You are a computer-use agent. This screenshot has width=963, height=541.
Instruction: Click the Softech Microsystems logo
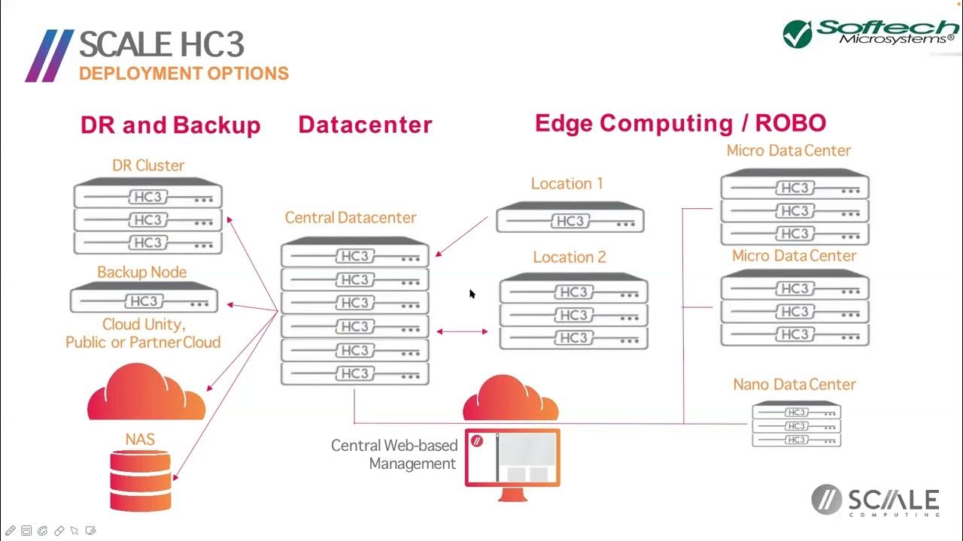870,33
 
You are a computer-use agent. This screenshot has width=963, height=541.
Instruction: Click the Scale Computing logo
876,501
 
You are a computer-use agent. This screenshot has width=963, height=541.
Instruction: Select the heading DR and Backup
170,125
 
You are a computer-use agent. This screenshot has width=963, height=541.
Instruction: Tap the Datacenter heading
365,125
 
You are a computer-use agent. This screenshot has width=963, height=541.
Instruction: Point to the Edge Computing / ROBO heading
680,123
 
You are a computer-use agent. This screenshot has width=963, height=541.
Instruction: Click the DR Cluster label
148,165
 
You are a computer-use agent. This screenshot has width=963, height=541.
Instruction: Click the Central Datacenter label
351,218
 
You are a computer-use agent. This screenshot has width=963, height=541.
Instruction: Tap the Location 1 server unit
570,218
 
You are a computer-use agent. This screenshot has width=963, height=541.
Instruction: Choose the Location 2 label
570,257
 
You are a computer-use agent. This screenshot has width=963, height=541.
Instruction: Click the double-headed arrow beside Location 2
462,331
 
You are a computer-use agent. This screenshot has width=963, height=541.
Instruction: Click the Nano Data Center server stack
797,425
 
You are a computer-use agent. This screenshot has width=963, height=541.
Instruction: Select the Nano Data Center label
794,385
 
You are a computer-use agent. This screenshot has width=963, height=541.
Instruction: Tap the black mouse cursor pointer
472,294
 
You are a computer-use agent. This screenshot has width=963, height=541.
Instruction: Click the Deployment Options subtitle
184,74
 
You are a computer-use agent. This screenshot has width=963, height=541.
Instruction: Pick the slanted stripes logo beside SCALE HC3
49,56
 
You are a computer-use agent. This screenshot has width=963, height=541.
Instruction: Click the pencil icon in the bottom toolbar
11,530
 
